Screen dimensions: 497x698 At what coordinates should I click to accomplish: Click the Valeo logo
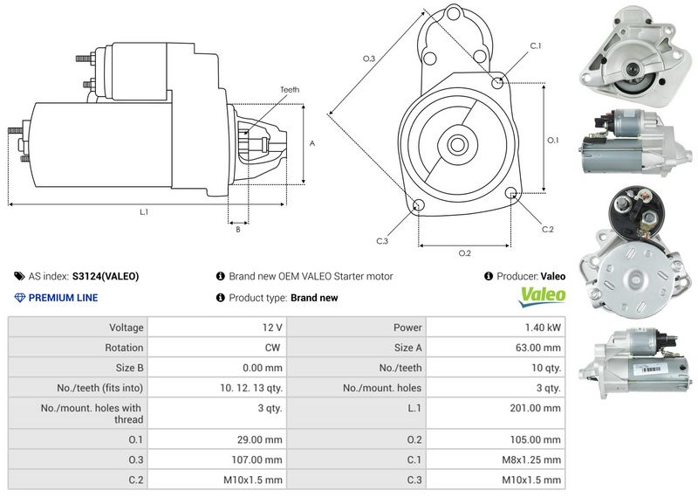tap(543, 297)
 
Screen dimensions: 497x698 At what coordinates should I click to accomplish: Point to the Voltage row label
tap(127, 328)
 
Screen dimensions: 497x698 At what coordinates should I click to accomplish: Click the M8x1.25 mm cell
tap(532, 459)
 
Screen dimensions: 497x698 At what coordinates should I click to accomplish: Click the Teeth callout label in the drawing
tap(290, 90)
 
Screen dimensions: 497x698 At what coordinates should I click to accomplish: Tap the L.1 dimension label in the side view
tap(144, 212)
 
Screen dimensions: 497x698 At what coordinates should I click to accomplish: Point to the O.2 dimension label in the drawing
tap(465, 253)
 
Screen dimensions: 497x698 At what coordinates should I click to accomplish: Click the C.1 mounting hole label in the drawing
tap(536, 45)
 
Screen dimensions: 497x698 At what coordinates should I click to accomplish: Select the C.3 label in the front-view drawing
tap(382, 240)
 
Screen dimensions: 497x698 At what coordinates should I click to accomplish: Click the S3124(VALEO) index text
tap(105, 276)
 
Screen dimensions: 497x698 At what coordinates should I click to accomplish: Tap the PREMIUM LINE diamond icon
tap(20, 298)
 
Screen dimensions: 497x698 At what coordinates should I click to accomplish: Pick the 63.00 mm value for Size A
tap(536, 348)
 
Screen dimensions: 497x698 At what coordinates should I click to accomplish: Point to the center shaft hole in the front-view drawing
tap(457, 143)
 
